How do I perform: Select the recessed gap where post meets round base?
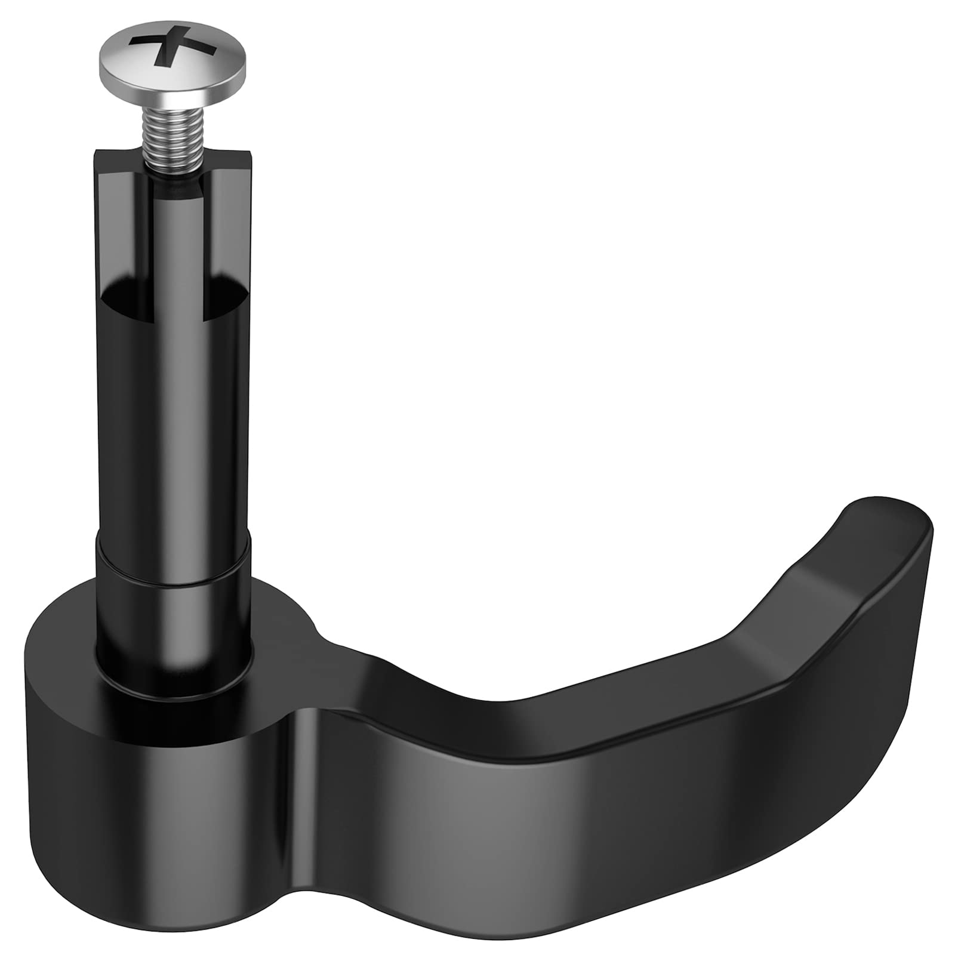click(173, 686)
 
